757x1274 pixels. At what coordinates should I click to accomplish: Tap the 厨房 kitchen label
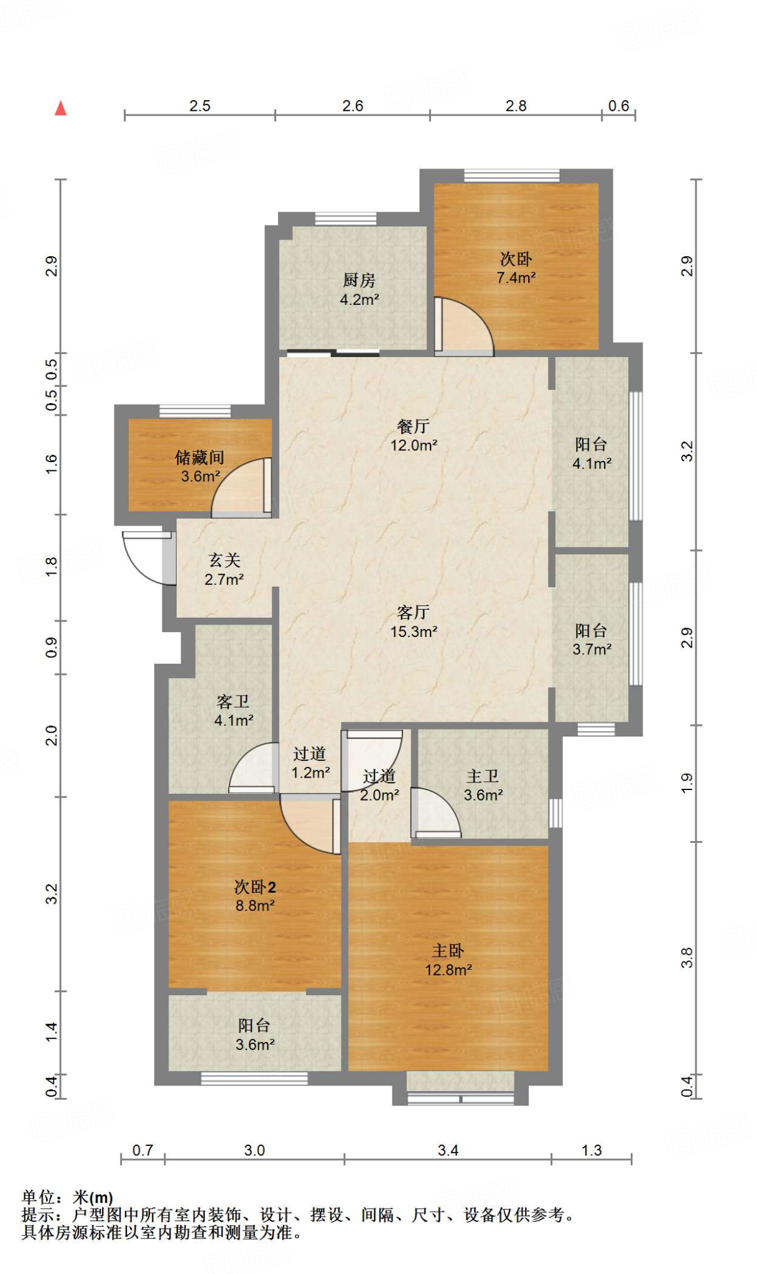[360, 281]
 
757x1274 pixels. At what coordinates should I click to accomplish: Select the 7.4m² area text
[516, 277]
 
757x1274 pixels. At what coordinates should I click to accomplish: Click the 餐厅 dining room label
[414, 427]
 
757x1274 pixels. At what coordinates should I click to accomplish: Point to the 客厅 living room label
[414, 613]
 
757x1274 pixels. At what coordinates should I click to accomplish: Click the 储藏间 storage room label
[200, 458]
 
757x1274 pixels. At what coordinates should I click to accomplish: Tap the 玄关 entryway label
[225, 560]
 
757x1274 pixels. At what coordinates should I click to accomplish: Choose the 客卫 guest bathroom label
[233, 702]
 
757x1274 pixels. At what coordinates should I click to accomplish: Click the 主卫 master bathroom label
[483, 776]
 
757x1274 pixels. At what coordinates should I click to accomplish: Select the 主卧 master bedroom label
[448, 951]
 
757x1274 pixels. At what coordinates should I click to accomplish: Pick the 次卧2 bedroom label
[255, 886]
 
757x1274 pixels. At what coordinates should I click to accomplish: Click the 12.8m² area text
[448, 970]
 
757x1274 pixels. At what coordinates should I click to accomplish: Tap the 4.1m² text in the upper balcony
[592, 463]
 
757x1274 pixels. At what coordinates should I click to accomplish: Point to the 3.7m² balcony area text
[592, 649]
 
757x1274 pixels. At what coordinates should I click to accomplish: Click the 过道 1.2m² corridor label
[310, 763]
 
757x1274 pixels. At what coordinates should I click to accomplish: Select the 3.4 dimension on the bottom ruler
[448, 1150]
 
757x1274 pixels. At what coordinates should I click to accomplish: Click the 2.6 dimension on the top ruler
[353, 106]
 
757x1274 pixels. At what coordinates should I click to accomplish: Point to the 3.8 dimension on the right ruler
[687, 957]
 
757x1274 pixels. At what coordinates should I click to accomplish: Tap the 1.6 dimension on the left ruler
[52, 464]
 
